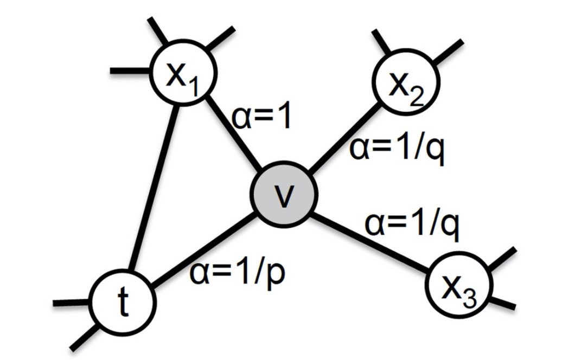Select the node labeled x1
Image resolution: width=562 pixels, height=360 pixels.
click(x=183, y=73)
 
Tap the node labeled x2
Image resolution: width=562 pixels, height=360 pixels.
click(x=406, y=83)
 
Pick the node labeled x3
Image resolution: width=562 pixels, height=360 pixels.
click(x=459, y=285)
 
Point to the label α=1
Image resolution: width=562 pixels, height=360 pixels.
click(x=261, y=117)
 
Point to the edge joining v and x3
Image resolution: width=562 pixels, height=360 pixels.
click(x=371, y=241)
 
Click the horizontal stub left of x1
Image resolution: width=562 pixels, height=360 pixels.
click(x=130, y=70)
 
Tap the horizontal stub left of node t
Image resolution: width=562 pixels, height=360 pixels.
click(x=71, y=303)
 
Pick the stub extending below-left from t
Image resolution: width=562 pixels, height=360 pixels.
click(x=84, y=337)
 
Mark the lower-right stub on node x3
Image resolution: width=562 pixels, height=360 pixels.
click(x=503, y=303)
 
